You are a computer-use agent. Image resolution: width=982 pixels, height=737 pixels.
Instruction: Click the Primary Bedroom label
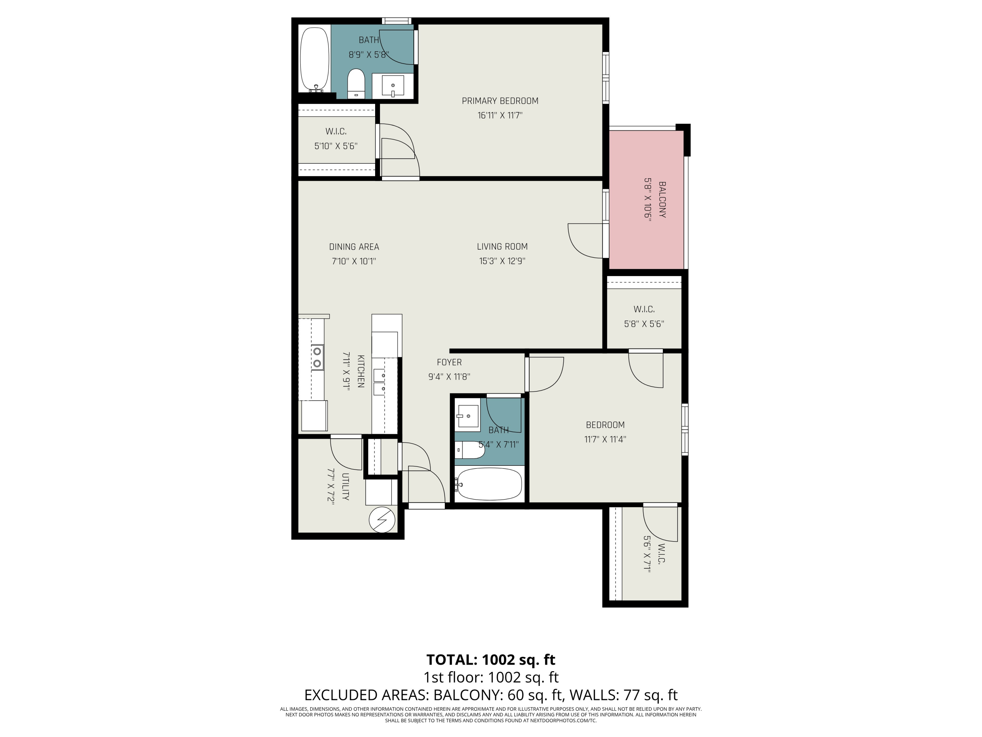point(500,101)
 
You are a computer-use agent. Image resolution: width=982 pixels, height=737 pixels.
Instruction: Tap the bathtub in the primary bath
point(314,60)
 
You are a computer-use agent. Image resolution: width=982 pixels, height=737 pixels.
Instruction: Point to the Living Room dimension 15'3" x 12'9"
point(502,261)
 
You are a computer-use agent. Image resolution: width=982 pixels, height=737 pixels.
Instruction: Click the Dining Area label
point(354,247)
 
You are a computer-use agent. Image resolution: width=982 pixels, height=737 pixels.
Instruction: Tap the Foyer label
point(449,362)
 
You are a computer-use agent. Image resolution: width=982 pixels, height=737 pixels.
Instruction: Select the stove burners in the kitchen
point(317,357)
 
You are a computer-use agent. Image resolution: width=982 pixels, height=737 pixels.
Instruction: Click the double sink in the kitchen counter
point(380,382)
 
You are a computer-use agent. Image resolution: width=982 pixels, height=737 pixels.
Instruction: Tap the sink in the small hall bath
point(467,416)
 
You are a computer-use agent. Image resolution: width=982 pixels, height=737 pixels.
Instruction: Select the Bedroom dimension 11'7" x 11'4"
point(605,439)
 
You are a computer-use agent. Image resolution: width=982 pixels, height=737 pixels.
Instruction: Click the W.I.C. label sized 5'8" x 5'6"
point(644,309)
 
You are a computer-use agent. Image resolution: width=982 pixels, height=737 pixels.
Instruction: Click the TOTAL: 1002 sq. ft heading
point(491,659)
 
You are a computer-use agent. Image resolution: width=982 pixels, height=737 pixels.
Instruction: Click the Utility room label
point(345,486)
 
